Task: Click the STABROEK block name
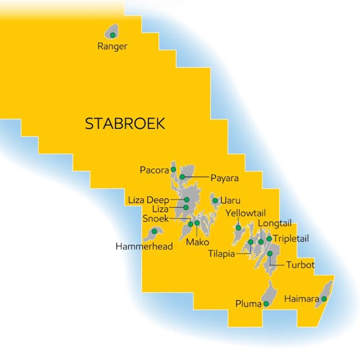coord(125,124)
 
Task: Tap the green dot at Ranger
coord(112,35)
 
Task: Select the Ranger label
coord(112,47)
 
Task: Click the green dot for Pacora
coord(173,169)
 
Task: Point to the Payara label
coord(224,178)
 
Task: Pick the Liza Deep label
coord(148,200)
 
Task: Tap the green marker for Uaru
coord(215,201)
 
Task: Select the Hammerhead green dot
coord(154,231)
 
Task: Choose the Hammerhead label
coord(144,246)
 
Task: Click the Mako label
coord(197,242)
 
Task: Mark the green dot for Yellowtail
coord(238,228)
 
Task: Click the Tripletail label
coord(291,238)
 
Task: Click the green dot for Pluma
coord(266,304)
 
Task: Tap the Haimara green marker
coord(324,299)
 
